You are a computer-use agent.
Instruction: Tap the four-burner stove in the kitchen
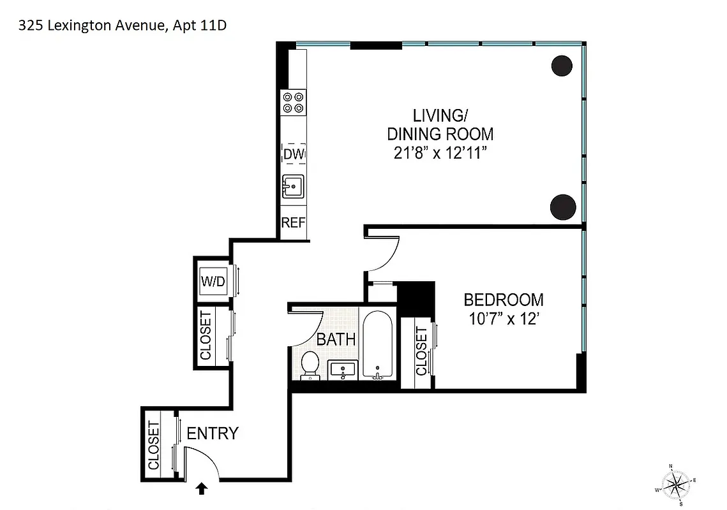pyautogui.click(x=294, y=103)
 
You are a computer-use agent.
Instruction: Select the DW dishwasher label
pyautogui.click(x=294, y=154)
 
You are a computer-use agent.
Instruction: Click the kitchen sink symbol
pyautogui.click(x=294, y=187)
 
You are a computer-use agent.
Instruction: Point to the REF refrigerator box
pyautogui.click(x=294, y=223)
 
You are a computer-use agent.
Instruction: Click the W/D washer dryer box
pyautogui.click(x=213, y=281)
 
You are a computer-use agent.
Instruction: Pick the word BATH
pyautogui.click(x=336, y=339)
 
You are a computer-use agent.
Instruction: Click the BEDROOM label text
pyautogui.click(x=504, y=300)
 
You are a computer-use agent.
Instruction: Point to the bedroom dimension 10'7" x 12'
pyautogui.click(x=504, y=319)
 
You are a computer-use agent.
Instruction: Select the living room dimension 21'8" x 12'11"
pyautogui.click(x=440, y=154)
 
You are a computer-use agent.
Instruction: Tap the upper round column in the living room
pyautogui.click(x=563, y=66)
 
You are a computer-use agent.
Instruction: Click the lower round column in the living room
pyautogui.click(x=563, y=206)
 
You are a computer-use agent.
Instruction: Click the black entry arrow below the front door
pyautogui.click(x=202, y=488)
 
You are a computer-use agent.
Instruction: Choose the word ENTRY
pyautogui.click(x=213, y=433)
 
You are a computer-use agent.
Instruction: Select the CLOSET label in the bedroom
pyautogui.click(x=421, y=351)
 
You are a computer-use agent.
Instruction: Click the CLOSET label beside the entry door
pyautogui.click(x=153, y=446)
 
